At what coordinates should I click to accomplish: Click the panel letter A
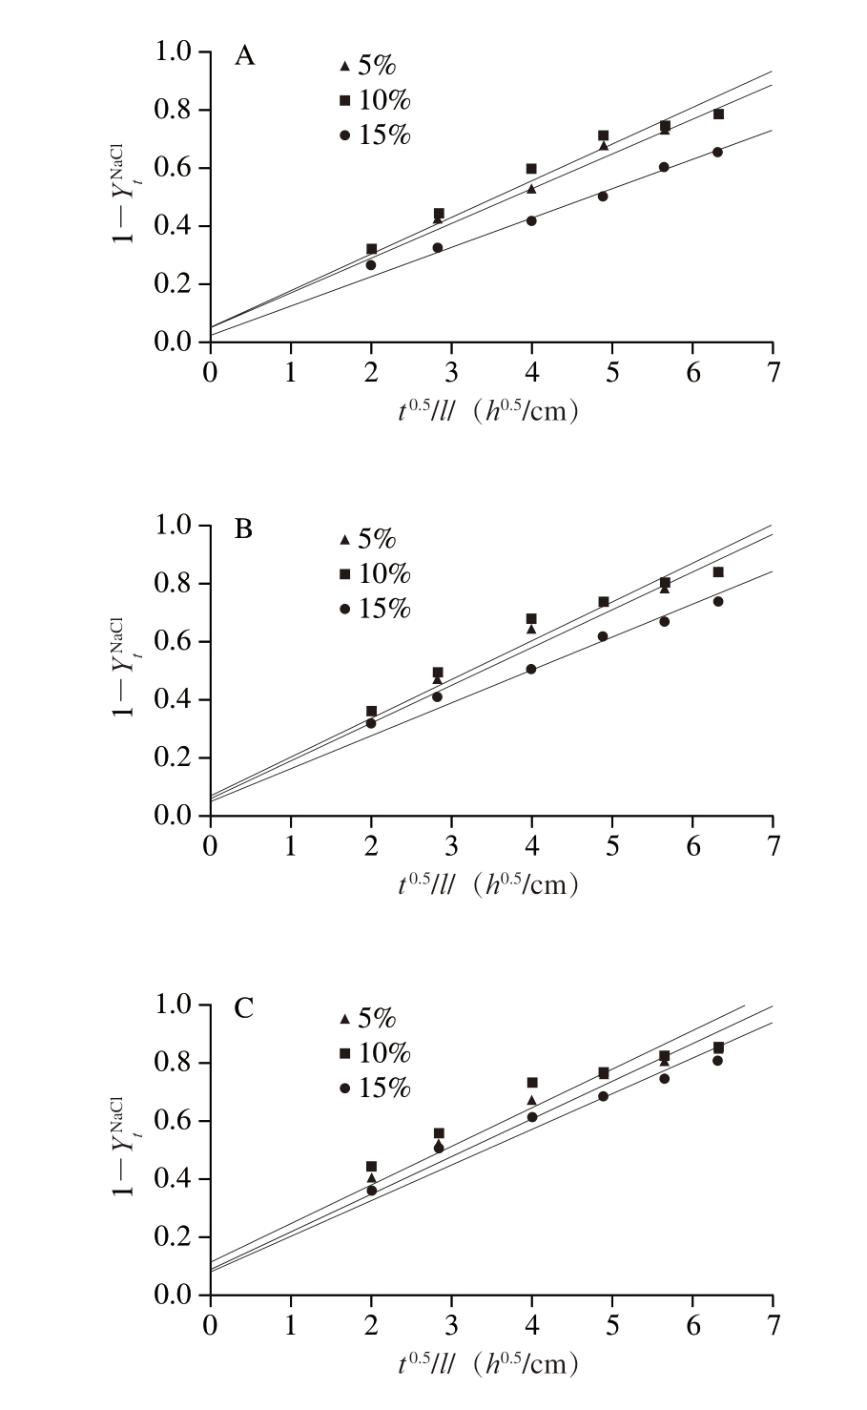point(245,57)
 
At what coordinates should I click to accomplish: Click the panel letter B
point(244,529)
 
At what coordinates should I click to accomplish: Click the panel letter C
point(245,1008)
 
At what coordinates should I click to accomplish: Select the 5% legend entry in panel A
point(375,66)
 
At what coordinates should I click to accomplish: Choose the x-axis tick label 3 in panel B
point(451,844)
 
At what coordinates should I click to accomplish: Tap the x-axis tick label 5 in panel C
point(612,1324)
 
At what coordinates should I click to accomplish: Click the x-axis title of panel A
point(488,411)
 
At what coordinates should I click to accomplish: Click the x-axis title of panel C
point(488,1364)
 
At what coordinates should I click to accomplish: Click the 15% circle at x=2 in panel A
point(371,265)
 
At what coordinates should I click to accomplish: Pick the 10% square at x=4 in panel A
point(531,169)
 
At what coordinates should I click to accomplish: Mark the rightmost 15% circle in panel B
point(718,601)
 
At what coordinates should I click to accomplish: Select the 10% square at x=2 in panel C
point(371,1167)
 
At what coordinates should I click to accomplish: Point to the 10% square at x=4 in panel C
point(532,1083)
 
